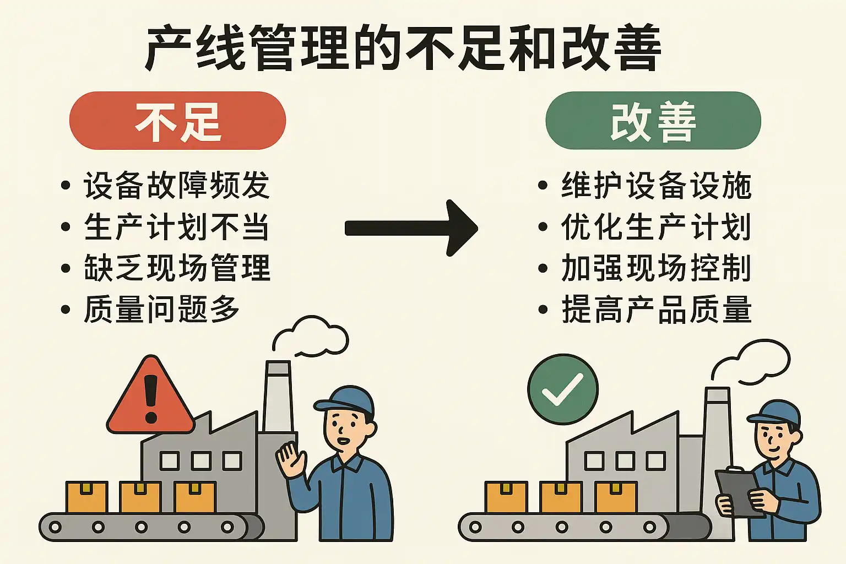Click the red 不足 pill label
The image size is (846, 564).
[x=177, y=121]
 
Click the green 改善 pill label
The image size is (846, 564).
[x=653, y=121]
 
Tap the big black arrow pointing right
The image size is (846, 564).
[x=411, y=228]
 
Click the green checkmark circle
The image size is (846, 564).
[x=563, y=389]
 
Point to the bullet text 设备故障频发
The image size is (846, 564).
[x=177, y=185]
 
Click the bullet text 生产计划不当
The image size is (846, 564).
[x=177, y=227]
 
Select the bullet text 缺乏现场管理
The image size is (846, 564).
[x=177, y=268]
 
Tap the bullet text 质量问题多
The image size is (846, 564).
[x=161, y=309]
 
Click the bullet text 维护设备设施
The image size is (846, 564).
[x=657, y=185]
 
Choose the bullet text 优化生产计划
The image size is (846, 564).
[x=657, y=227]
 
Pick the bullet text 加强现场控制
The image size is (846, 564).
[x=657, y=268]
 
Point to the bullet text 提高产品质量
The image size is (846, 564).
[x=657, y=309]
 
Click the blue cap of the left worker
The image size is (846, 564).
[x=345, y=400]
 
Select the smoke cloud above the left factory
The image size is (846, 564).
[x=311, y=336]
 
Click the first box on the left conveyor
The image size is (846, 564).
[x=87, y=497]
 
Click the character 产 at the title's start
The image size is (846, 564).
[x=167, y=48]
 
